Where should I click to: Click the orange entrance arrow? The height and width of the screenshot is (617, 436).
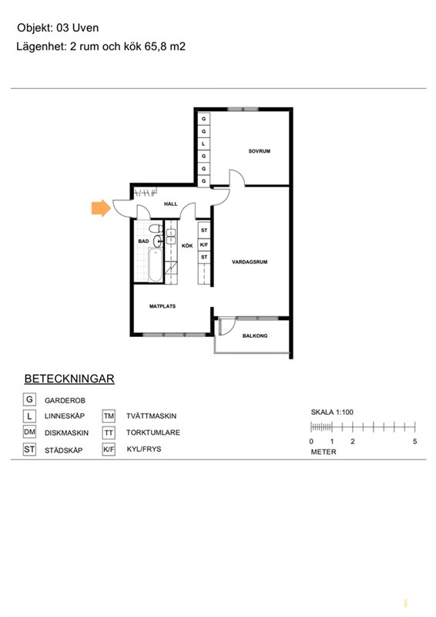pos(101,207)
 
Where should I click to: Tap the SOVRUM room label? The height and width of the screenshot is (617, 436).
pos(259,151)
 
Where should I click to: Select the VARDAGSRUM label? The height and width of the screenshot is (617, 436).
pos(250,261)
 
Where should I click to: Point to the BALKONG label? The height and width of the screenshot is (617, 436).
pos(255,335)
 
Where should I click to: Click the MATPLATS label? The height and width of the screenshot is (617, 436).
pos(163,306)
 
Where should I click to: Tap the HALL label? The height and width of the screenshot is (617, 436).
pos(171,204)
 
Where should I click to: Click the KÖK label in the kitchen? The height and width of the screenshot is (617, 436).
pos(187,245)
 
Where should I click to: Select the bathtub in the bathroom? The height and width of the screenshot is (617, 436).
pos(156,265)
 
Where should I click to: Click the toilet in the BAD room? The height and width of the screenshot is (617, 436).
pos(156,228)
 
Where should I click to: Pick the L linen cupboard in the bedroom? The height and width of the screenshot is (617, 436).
pos(203,143)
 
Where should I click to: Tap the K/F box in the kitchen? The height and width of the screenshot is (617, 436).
pos(203,244)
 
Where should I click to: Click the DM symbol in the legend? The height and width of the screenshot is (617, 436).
pos(29,432)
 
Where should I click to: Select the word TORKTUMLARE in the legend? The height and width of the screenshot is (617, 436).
pos(153,433)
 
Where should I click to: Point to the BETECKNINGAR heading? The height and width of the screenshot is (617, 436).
pos(69,379)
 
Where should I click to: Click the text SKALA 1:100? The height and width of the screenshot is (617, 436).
pos(332,412)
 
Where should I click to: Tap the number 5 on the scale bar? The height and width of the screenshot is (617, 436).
pos(414,441)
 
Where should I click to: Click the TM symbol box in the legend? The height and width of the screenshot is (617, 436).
pos(109,416)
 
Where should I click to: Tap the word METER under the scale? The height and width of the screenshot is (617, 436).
pos(324,452)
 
